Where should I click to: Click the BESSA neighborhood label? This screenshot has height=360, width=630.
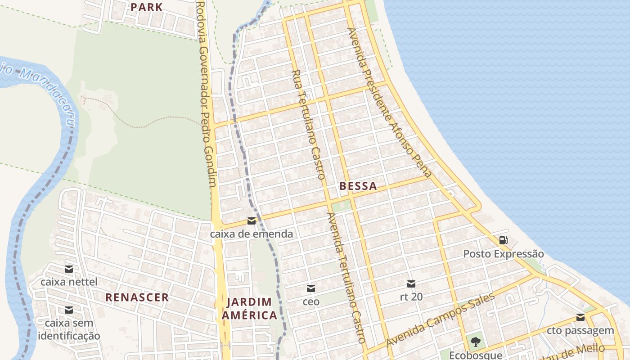coord(358,186)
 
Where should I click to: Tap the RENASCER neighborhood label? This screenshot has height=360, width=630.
coord(137,297)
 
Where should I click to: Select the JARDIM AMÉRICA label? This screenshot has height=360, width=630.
coord(249,308)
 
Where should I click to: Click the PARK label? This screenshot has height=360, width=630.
coord(146,7)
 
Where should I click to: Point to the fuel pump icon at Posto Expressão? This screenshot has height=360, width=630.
coord(503,240)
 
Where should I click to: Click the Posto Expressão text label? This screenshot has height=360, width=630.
coord(503,254)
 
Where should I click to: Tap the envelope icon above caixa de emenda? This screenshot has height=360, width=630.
coord(251,221)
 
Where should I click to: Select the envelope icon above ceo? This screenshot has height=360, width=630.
coord(310,288)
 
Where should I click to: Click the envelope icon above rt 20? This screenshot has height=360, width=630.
coord(411,284)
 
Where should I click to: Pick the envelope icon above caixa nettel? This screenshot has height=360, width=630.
coord(69,269)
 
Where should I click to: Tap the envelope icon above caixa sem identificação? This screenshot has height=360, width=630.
coord(69,310)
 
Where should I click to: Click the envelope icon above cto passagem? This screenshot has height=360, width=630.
coord(580,317)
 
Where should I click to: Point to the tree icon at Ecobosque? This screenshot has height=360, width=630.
coord(475,342)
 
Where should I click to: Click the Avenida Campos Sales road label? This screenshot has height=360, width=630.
coord(440,320)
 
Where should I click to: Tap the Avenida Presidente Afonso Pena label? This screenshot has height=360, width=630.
coord(390,103)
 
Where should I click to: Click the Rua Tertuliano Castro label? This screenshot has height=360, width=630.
coord(308,125)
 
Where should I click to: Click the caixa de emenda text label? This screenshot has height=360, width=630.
coord(251,234)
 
